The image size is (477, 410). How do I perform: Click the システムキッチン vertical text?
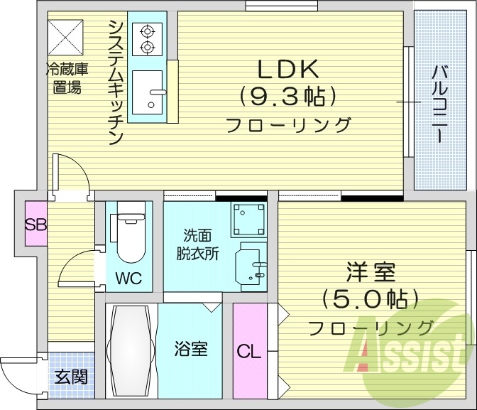[116, 82]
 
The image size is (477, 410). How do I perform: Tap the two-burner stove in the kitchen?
[148, 39]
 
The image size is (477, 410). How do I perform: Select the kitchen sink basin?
[150, 91]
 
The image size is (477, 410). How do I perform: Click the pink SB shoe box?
[36, 225]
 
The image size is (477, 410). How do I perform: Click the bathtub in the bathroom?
[132, 349]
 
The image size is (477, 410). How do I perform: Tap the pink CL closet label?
[248, 351]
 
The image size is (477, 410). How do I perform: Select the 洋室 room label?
[370, 273]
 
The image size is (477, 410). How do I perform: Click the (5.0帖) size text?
[370, 300]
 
